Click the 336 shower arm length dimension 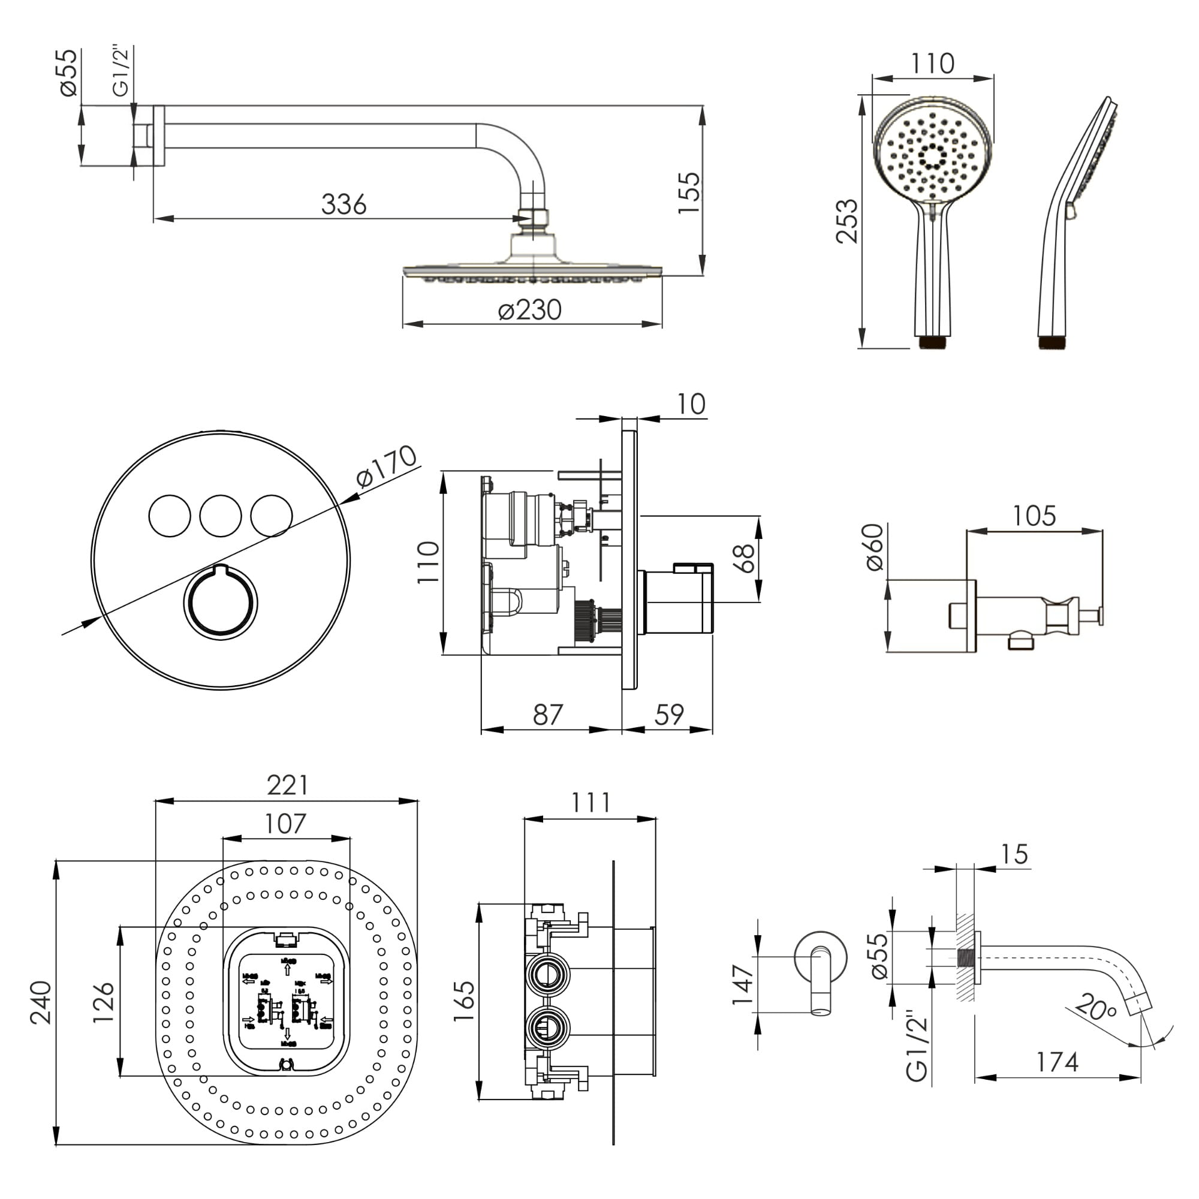[343, 204]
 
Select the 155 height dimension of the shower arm [688, 193]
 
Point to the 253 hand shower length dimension [847, 221]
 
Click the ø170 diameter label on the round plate [386, 466]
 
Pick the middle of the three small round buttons [220, 516]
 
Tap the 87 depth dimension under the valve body [547, 715]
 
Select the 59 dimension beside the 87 [668, 715]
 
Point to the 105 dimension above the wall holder [1034, 516]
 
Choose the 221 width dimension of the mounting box [287, 785]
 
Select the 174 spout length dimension [1057, 1062]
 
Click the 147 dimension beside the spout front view [742, 984]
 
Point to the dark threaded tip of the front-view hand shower [932, 342]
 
